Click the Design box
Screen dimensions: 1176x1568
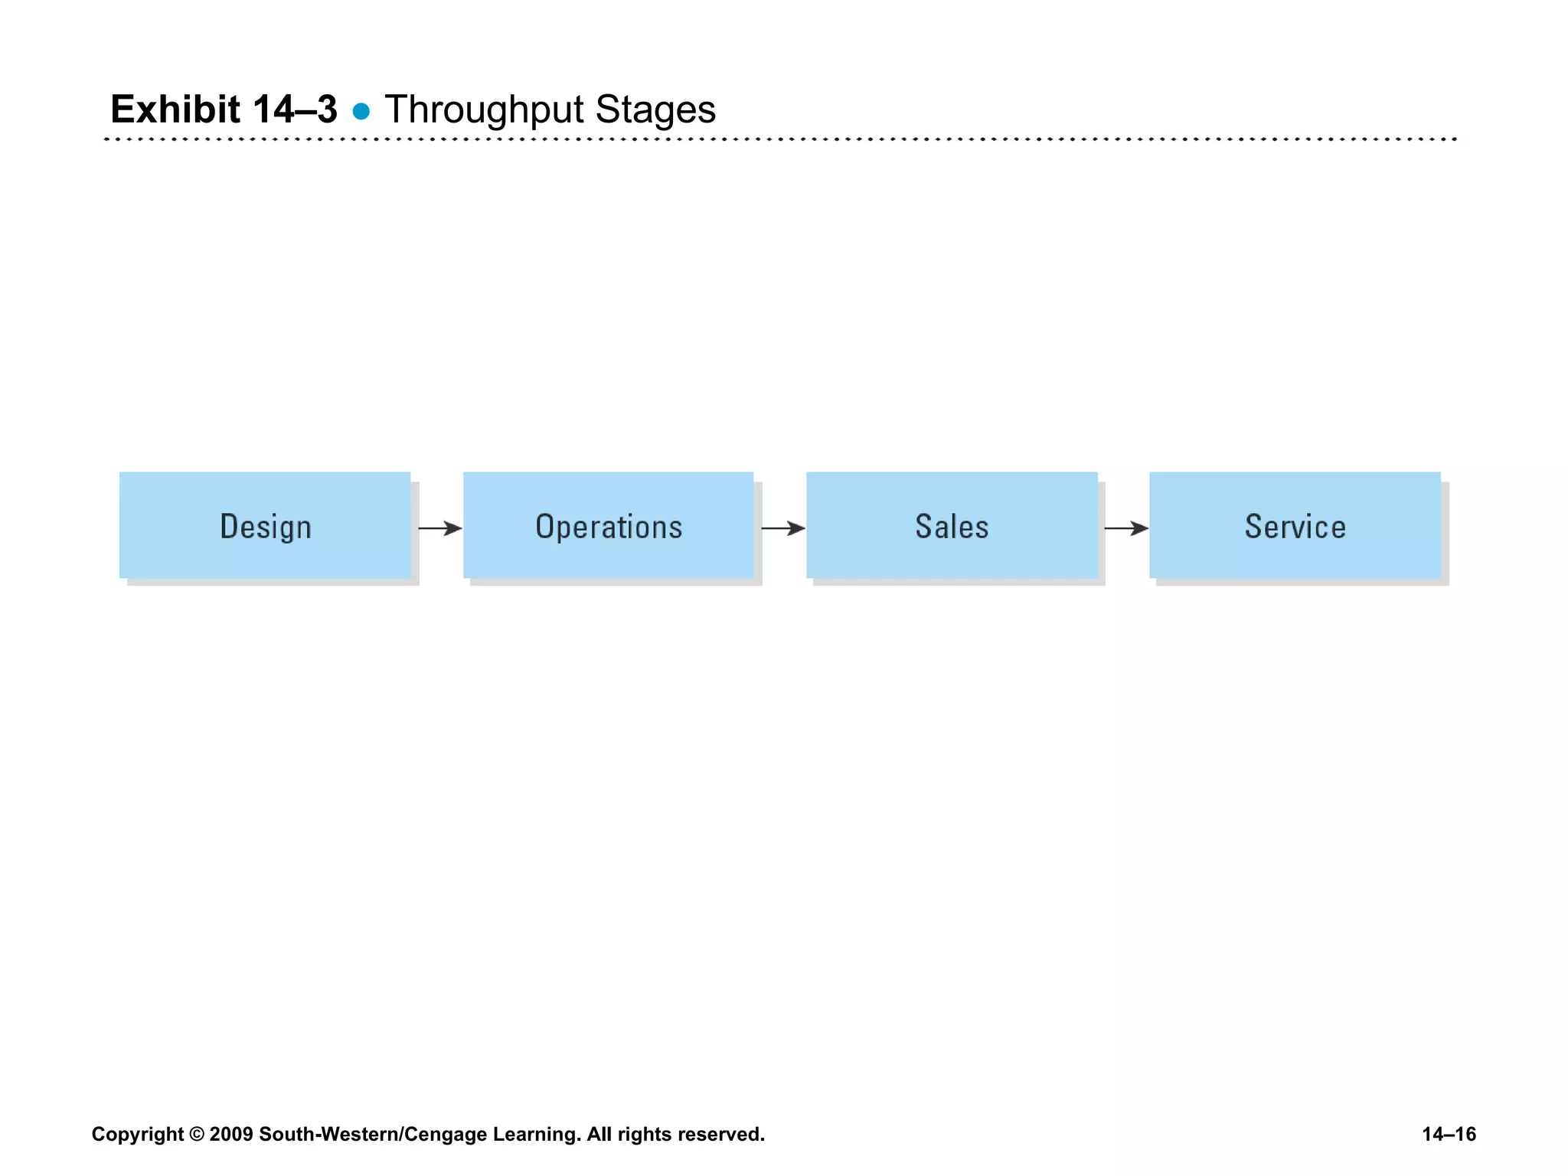265,525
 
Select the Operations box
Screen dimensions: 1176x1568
609,525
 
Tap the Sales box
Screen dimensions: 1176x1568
952,525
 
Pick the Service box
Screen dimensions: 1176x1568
1295,525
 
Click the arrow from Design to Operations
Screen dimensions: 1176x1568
440,528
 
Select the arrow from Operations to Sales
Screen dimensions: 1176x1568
783,528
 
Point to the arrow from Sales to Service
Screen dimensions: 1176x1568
1126,528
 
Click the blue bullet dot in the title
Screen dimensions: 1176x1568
361,112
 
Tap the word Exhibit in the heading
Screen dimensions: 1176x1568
175,109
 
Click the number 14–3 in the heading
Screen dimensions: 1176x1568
295,109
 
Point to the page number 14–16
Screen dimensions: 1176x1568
1449,1134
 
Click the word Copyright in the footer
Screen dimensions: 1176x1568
138,1135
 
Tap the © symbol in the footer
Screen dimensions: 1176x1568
197,1135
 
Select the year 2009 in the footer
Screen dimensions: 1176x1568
230,1135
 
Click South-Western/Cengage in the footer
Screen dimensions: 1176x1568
373,1135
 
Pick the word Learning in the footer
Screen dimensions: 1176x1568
536,1135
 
